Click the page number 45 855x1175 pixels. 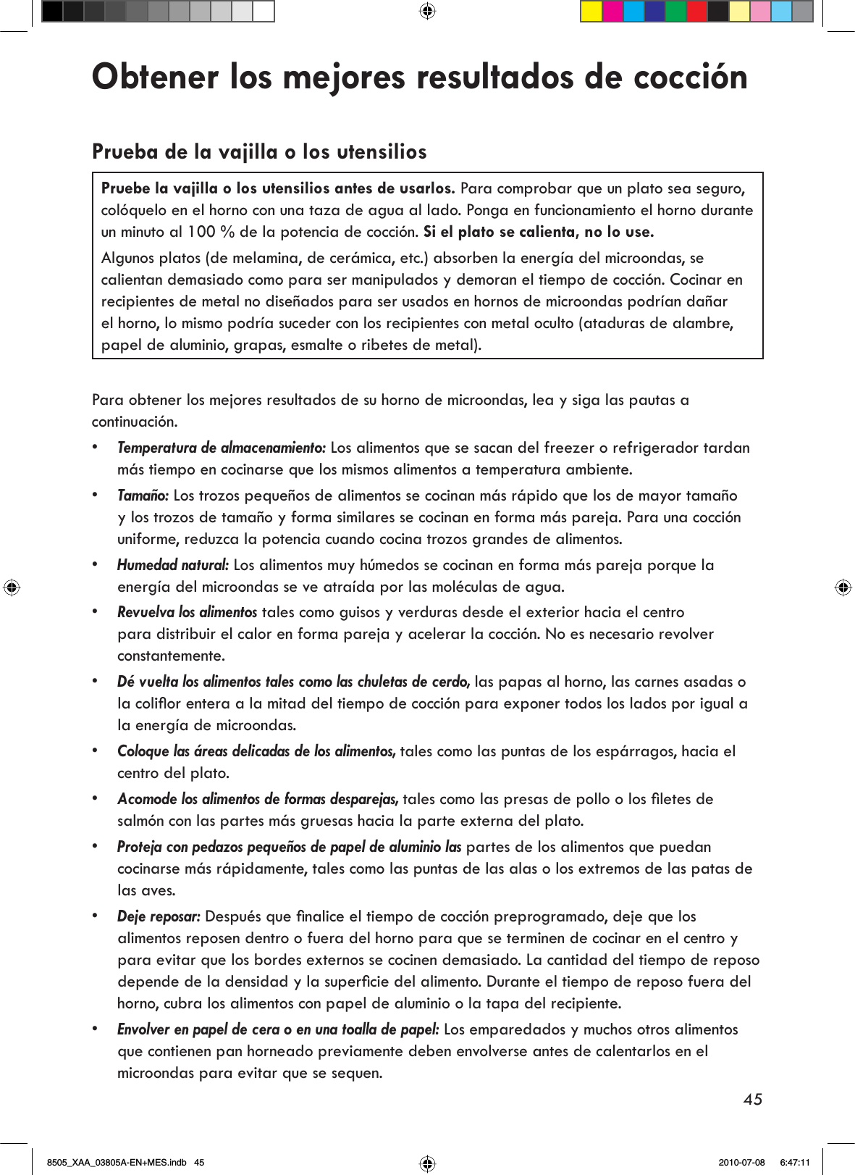[x=752, y=1099]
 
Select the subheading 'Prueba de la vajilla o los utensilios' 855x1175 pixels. [x=259, y=151]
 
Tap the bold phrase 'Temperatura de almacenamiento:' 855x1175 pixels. [x=222, y=448]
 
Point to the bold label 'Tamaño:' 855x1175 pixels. [x=143, y=495]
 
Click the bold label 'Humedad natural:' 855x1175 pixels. [x=173, y=565]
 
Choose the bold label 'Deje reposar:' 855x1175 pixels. [x=159, y=916]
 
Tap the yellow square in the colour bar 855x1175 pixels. [x=591, y=12]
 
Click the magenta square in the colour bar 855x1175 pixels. [x=612, y=12]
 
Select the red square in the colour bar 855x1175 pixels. [x=696, y=12]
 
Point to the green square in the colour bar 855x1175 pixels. [x=675, y=12]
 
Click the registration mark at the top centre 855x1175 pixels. [x=427, y=11]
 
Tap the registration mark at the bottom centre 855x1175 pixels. [x=427, y=1163]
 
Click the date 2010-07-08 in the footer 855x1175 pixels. [x=741, y=1163]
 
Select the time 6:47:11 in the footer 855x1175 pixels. [x=794, y=1163]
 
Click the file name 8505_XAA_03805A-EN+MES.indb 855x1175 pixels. [x=117, y=1163]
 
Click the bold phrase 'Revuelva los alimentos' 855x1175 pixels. [x=187, y=612]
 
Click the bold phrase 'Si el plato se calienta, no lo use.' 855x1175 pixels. [x=538, y=232]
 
